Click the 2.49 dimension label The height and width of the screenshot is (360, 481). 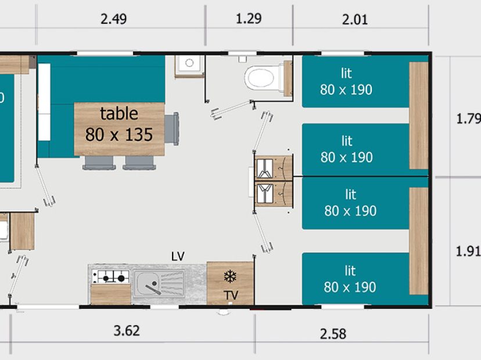tap(113, 19)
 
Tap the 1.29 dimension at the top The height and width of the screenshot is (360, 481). tap(249, 19)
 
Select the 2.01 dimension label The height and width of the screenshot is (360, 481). tap(354, 20)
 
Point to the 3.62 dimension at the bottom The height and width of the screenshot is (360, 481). tap(127, 330)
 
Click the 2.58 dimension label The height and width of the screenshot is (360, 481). tap(333, 334)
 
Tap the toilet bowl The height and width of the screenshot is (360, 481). tap(260, 78)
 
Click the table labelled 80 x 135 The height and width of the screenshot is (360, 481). tap(119, 129)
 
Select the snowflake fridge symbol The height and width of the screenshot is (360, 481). tap(230, 276)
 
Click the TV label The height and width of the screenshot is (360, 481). tap(231, 296)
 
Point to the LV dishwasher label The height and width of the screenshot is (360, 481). tap(178, 256)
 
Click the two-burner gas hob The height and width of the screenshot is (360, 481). tap(111, 277)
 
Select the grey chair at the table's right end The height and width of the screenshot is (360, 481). tap(172, 129)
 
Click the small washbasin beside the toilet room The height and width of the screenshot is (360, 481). tap(189, 65)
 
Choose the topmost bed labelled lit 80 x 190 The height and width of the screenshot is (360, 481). tap(356, 81)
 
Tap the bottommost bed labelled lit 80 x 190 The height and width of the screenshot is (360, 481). tap(356, 279)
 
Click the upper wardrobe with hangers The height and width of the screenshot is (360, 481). tap(274, 167)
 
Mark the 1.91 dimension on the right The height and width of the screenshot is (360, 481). tap(468, 251)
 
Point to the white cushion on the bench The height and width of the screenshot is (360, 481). tap(44, 102)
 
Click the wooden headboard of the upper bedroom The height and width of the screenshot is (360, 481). tap(419, 116)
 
